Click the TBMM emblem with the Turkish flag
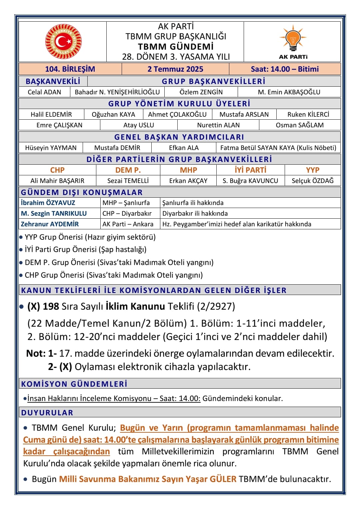tap(63, 42)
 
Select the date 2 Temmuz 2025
tap(175, 69)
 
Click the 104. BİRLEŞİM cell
tap(70, 69)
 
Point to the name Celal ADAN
tap(44, 92)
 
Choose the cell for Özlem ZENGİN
tap(201, 92)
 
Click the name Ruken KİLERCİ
tap(308, 114)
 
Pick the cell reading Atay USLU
tap(139, 125)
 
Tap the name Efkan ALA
tap(184, 148)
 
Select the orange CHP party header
tap(57, 170)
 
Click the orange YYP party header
tap(313, 170)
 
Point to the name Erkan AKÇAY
tap(188, 181)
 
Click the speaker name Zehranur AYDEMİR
tap(50, 224)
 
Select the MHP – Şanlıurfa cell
tap(126, 203)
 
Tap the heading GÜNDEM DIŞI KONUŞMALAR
tap(82, 192)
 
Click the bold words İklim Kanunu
tap(135, 306)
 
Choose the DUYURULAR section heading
tap(47, 412)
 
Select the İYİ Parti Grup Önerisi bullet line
tap(86, 249)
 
